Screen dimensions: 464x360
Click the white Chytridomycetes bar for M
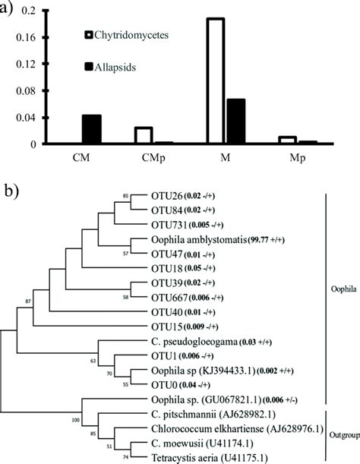click(215, 80)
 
